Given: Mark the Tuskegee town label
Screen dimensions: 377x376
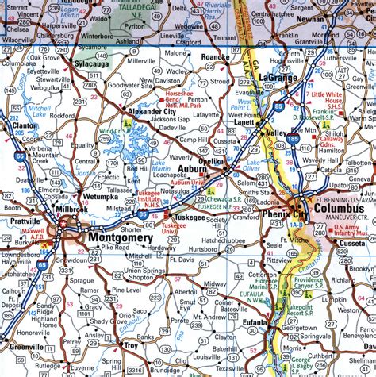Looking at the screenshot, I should [190, 217].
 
